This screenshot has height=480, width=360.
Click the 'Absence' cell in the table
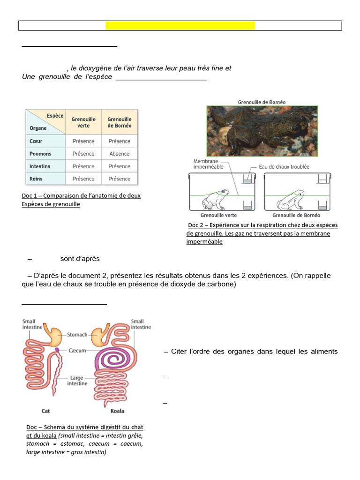point(120,154)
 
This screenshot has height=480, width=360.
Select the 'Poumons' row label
point(40,154)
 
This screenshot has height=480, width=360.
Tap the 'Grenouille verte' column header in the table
point(83,122)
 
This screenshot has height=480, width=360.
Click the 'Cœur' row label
point(36,141)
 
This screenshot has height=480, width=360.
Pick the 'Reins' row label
point(36,179)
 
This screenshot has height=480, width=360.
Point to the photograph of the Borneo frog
point(262,131)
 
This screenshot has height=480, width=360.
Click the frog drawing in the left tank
point(215,199)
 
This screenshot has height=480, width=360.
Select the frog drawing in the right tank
point(290,200)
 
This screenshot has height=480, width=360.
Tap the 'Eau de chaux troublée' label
point(284,167)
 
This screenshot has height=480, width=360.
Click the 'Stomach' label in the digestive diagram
point(77,334)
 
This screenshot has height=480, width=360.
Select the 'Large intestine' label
point(77,380)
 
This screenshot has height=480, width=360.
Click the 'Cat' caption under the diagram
point(45,411)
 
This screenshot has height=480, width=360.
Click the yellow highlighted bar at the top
point(180,25)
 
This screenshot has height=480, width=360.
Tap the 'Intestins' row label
point(40,166)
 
